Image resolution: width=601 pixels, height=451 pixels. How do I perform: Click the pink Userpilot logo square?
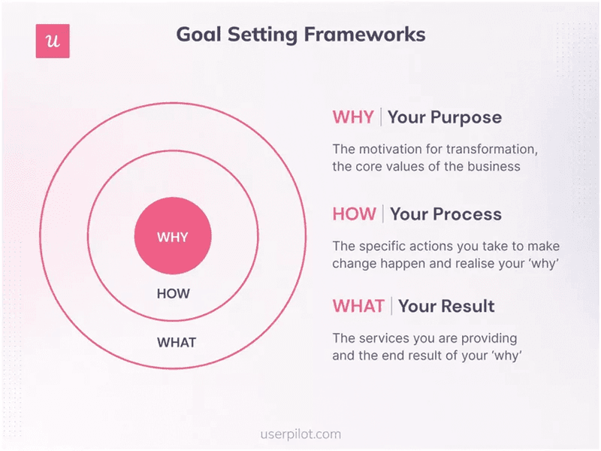click(53, 41)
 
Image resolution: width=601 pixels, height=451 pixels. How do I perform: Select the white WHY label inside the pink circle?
click(173, 238)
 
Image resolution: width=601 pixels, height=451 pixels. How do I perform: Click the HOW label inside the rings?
click(173, 294)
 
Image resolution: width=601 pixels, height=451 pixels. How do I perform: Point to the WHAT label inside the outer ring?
click(176, 343)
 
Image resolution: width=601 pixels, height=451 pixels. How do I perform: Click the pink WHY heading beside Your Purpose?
click(352, 117)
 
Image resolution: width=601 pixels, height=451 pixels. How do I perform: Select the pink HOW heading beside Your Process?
click(354, 214)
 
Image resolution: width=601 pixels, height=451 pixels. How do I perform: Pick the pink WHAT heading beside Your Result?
click(358, 306)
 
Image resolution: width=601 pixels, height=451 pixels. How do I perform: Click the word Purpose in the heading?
click(466, 117)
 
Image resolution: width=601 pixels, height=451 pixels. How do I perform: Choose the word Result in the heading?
click(467, 306)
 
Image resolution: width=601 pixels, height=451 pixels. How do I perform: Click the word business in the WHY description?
click(491, 166)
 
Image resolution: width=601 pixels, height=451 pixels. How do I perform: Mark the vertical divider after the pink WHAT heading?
click(391, 306)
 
